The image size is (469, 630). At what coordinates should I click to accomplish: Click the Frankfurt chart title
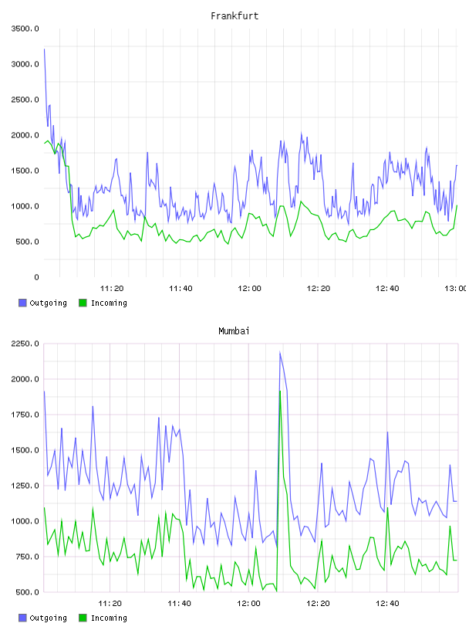tap(235, 16)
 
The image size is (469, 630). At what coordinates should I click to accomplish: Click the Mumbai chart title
tap(234, 331)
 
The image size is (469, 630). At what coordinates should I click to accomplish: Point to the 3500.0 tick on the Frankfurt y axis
tap(25, 29)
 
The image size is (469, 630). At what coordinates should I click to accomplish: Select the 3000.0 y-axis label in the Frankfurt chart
tap(25, 64)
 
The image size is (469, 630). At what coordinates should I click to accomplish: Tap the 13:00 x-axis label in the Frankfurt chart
tap(456, 289)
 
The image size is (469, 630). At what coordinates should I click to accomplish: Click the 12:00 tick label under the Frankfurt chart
tap(249, 289)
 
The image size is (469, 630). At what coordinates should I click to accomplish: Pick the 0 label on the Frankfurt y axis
tap(36, 277)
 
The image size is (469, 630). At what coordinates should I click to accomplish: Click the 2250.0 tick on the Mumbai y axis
tap(25, 344)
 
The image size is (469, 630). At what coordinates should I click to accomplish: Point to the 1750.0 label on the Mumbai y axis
tap(25, 415)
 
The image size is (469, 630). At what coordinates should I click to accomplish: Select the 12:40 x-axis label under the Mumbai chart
tap(387, 604)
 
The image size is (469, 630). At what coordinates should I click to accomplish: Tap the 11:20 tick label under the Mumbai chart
tap(110, 604)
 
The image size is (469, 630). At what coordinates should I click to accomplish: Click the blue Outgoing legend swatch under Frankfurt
tap(22, 303)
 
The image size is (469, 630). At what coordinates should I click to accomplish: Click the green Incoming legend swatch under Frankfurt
tap(83, 303)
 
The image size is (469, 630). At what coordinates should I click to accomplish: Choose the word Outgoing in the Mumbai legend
tap(48, 618)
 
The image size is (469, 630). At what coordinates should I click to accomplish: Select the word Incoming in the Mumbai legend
tap(109, 618)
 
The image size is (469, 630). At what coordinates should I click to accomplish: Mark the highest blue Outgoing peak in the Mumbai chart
tap(280, 352)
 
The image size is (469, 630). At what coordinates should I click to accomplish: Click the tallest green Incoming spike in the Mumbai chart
tap(280, 391)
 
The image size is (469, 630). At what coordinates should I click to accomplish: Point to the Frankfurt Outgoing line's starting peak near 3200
tap(44, 49)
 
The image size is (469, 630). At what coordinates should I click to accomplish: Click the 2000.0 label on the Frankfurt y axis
tap(25, 135)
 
